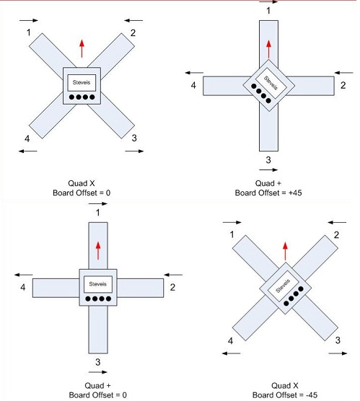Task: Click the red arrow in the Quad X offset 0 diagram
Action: click(x=82, y=48)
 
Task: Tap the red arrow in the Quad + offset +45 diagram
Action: click(x=268, y=49)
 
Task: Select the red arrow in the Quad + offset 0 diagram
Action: click(x=98, y=251)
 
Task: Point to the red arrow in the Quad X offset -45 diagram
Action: click(x=285, y=251)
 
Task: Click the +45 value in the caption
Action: click(x=295, y=193)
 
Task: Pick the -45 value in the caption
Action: click(x=312, y=395)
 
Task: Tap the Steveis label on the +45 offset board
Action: click(x=271, y=83)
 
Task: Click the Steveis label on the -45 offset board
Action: click(x=283, y=286)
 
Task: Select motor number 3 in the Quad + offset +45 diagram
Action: click(x=268, y=160)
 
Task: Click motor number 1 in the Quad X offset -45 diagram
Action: click(x=232, y=234)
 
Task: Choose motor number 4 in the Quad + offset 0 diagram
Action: click(x=23, y=287)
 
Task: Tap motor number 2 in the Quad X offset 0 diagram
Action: click(x=133, y=32)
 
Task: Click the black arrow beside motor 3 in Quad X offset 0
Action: click(x=134, y=151)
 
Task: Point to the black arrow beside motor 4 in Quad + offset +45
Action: click(x=194, y=73)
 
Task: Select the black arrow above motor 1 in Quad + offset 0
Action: click(x=98, y=203)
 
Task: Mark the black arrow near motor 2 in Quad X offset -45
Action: click(x=337, y=222)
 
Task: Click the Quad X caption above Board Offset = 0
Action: click(x=82, y=183)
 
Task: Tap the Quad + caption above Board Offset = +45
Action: click(x=268, y=183)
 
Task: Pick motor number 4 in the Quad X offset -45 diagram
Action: click(x=231, y=340)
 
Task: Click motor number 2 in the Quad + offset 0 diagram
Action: click(x=172, y=287)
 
